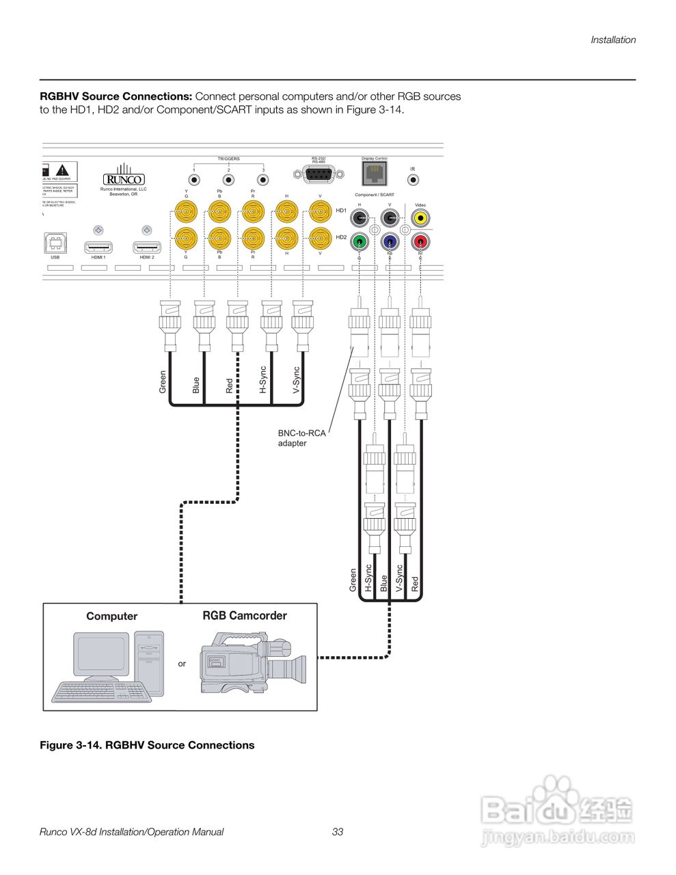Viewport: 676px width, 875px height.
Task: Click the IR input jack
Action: point(413,180)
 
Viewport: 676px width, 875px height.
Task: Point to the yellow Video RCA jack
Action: point(420,219)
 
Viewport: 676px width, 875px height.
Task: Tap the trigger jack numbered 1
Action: point(194,180)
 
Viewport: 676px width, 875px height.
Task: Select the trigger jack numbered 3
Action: point(262,180)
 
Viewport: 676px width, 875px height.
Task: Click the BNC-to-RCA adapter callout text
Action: point(301,438)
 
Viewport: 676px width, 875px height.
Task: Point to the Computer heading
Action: point(111,617)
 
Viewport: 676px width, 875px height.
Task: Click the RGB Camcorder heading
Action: point(245,616)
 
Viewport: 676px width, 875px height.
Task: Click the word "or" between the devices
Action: point(182,664)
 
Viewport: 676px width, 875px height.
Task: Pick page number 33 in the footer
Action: point(338,832)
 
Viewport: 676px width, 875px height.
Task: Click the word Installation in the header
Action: point(613,40)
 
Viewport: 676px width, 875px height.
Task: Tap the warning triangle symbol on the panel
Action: point(63,170)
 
